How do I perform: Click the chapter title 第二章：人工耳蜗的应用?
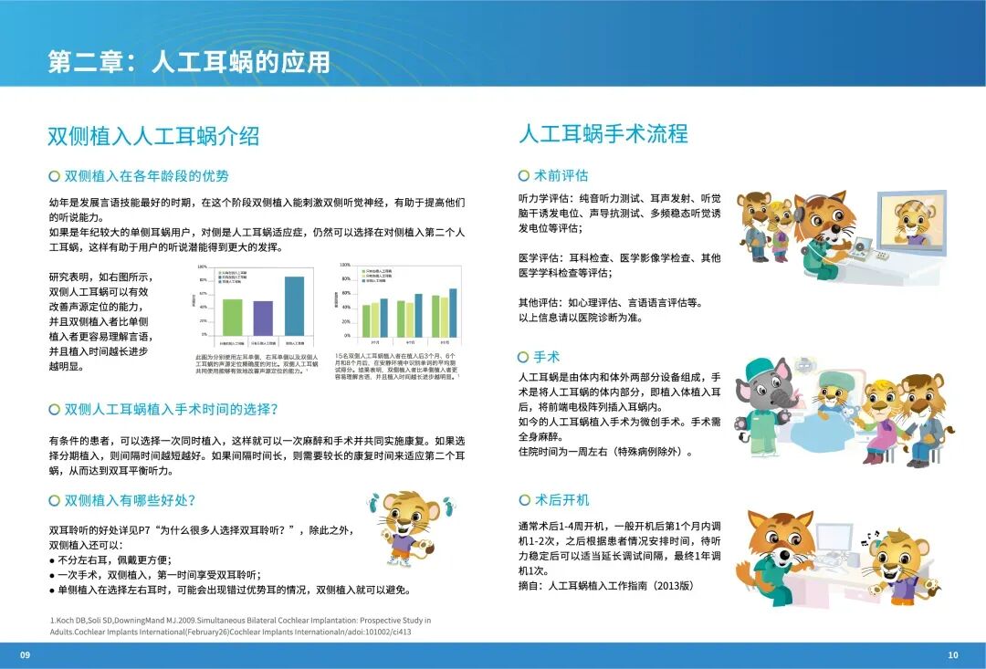click(x=189, y=61)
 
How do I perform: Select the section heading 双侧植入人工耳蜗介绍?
click(x=153, y=136)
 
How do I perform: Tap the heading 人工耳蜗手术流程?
click(x=603, y=133)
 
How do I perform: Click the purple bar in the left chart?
click(x=263, y=318)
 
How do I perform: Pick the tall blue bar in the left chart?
click(x=294, y=306)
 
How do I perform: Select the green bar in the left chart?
click(x=233, y=317)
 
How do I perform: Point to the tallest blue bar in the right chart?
click(x=453, y=312)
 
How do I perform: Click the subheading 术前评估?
click(x=561, y=175)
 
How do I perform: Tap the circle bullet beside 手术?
click(x=523, y=357)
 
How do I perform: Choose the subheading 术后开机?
click(x=561, y=500)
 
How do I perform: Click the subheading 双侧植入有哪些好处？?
click(x=130, y=500)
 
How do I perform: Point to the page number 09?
click(x=26, y=654)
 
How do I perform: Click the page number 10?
click(x=953, y=654)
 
